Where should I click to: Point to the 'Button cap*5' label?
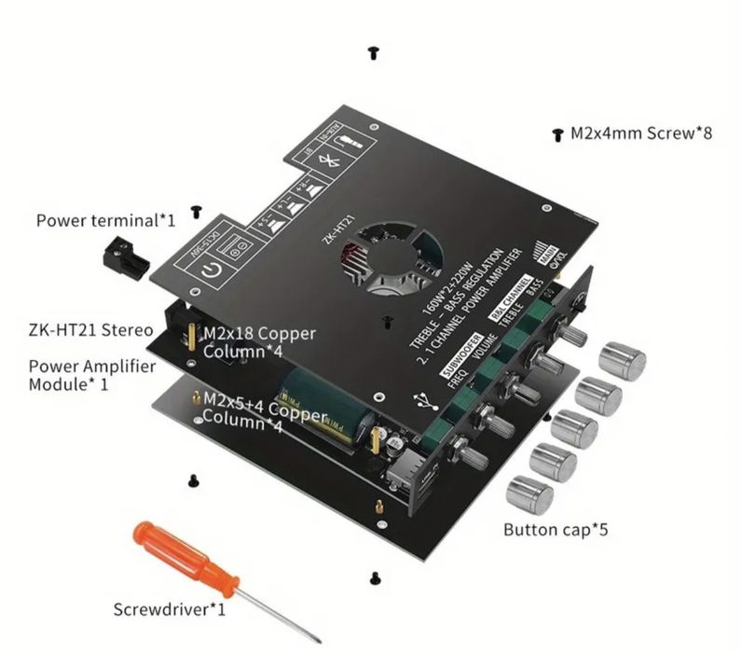click(558, 531)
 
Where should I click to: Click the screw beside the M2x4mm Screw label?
click(557, 135)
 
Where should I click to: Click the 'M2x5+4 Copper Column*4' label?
click(265, 408)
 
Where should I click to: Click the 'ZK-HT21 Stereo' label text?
click(90, 329)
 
